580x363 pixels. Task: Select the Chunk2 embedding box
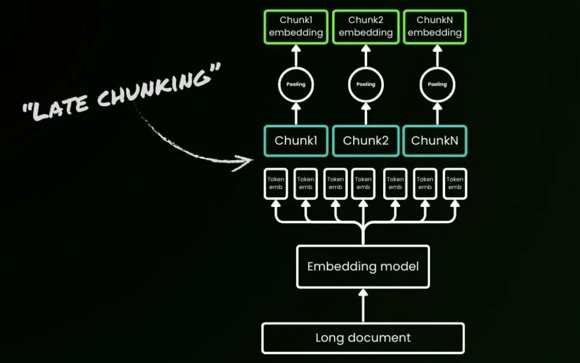click(365, 27)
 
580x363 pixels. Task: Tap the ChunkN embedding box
click(435, 27)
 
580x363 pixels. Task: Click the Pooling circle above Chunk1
click(296, 84)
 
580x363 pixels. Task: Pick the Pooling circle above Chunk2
click(365, 84)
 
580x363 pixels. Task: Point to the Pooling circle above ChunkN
click(437, 84)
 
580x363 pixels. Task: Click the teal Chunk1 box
click(296, 140)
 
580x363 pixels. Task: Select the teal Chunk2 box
click(365, 140)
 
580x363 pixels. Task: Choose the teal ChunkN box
click(435, 140)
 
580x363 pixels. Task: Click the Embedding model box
click(363, 266)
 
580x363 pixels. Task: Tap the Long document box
click(363, 338)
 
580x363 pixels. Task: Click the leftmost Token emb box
click(276, 183)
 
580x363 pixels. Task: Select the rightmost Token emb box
click(455, 183)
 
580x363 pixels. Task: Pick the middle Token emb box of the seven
click(364, 183)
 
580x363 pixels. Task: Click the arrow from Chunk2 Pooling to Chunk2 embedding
click(365, 57)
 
